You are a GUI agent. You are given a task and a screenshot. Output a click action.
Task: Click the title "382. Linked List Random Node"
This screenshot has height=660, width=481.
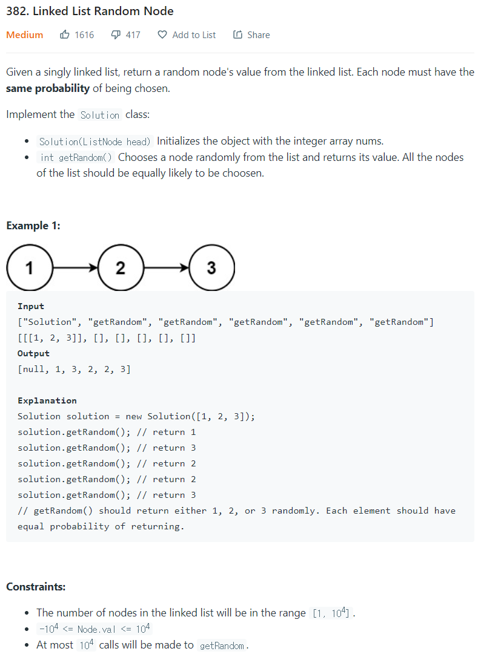tap(90, 11)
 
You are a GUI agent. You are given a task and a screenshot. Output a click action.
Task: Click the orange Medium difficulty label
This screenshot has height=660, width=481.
tap(24, 35)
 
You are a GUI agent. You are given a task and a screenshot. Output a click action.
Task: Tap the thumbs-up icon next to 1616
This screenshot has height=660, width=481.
tap(65, 35)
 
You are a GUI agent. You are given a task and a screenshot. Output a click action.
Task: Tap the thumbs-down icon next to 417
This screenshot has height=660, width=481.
tap(116, 35)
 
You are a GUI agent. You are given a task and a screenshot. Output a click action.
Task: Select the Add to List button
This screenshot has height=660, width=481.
tap(187, 35)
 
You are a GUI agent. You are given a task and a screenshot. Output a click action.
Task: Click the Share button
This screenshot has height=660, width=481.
tap(251, 35)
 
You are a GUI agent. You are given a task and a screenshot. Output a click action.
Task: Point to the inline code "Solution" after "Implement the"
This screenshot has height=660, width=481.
tap(100, 115)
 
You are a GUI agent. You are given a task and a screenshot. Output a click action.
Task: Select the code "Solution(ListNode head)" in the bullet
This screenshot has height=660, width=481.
tap(95, 142)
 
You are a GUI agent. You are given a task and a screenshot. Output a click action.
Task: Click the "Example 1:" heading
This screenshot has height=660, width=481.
tap(33, 226)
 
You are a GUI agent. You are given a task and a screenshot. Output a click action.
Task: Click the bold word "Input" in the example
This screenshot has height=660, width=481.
tap(31, 306)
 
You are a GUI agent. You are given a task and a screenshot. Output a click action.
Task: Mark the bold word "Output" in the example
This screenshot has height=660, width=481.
tap(33, 353)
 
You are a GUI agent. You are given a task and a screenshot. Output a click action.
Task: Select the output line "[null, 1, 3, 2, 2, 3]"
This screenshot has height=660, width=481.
tap(74, 369)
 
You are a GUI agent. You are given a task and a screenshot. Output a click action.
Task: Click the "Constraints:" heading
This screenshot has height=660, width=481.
tap(36, 586)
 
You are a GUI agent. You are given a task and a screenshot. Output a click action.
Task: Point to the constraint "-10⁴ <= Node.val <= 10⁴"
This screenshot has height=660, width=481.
tap(95, 629)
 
